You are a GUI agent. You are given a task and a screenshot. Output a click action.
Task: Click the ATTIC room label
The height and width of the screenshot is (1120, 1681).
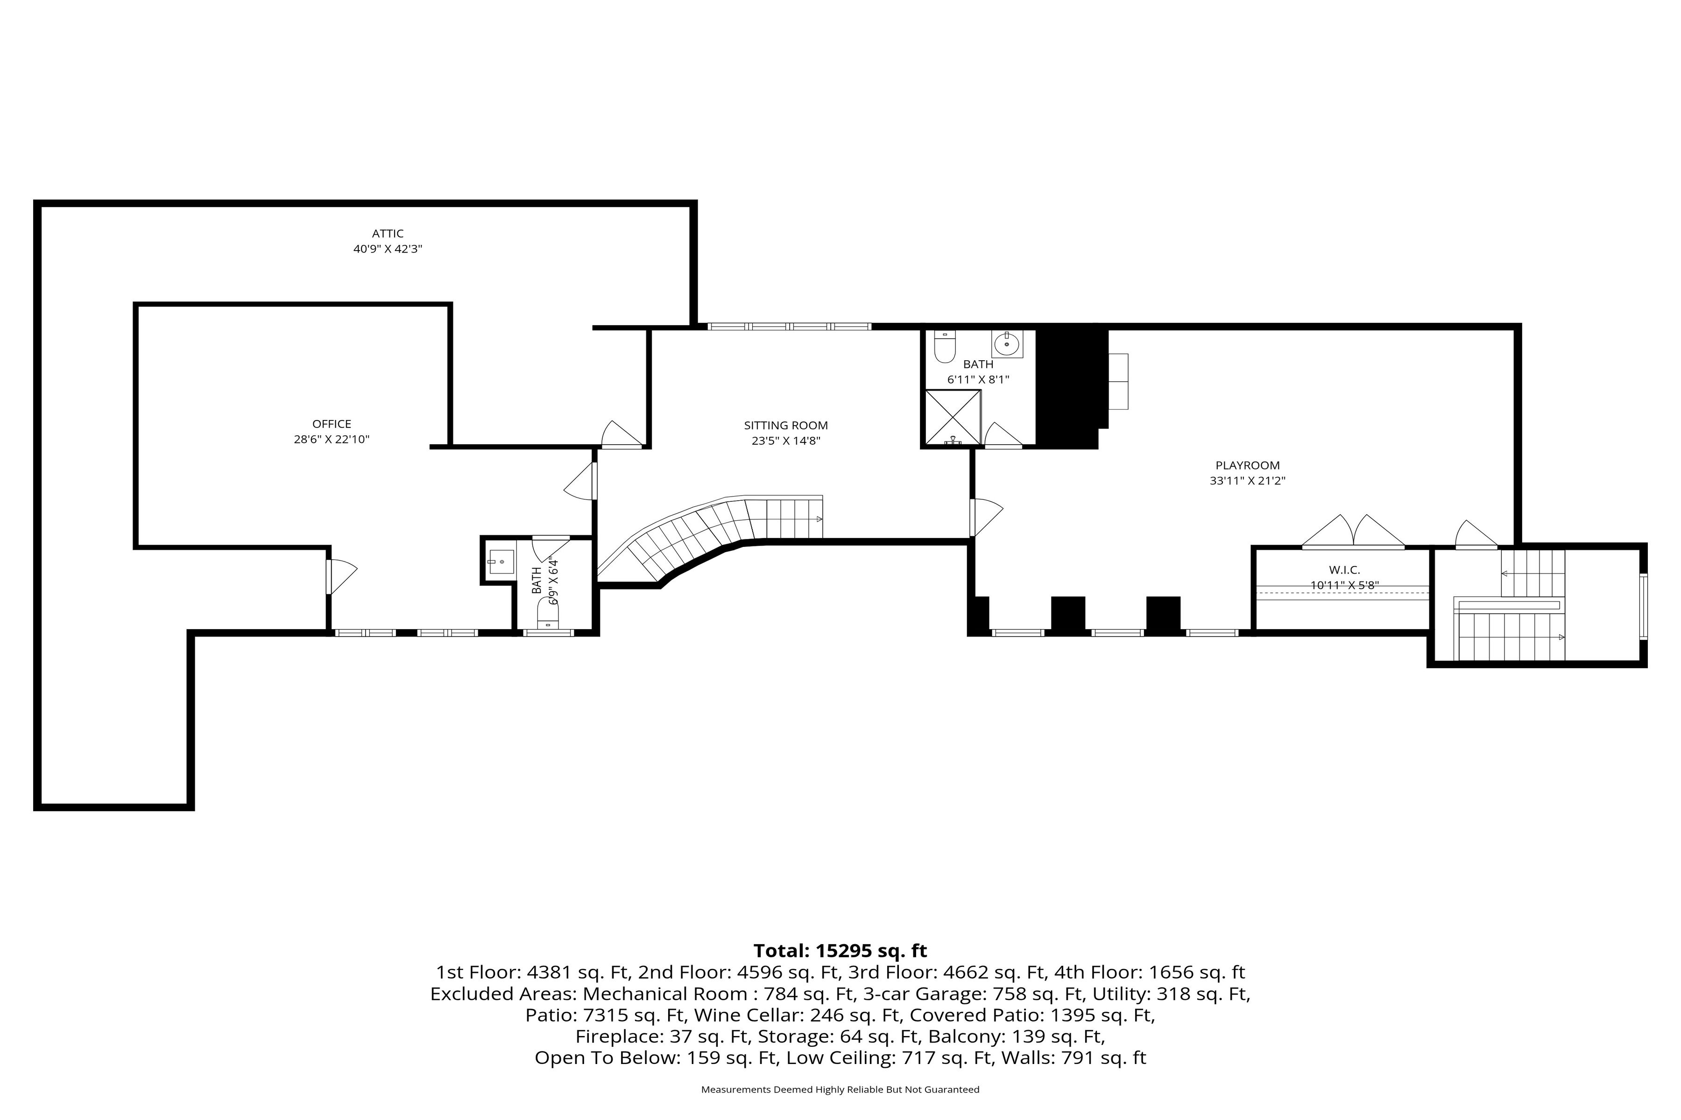(x=388, y=234)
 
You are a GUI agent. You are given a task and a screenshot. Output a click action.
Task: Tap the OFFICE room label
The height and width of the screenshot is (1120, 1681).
(x=332, y=424)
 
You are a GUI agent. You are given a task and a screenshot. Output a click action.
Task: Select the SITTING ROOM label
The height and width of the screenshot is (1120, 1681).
(x=785, y=426)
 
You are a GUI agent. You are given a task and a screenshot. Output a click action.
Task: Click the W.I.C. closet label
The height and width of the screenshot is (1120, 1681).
(x=1344, y=570)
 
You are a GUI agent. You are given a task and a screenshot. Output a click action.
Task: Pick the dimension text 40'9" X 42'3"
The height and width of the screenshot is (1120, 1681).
(x=388, y=249)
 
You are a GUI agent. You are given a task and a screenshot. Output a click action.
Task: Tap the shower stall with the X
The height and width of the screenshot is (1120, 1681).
(x=953, y=417)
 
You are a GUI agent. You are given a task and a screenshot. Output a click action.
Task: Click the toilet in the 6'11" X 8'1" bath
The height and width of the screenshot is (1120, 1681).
(x=945, y=346)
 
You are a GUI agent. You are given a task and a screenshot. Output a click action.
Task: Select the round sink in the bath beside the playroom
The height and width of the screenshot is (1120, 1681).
(x=1007, y=343)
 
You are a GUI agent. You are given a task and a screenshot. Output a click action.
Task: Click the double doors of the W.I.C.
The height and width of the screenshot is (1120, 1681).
(x=1353, y=532)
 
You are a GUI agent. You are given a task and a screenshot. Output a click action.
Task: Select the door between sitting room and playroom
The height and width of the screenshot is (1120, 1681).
(x=986, y=517)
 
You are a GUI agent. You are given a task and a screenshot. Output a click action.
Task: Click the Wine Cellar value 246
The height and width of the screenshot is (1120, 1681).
(x=828, y=1015)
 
